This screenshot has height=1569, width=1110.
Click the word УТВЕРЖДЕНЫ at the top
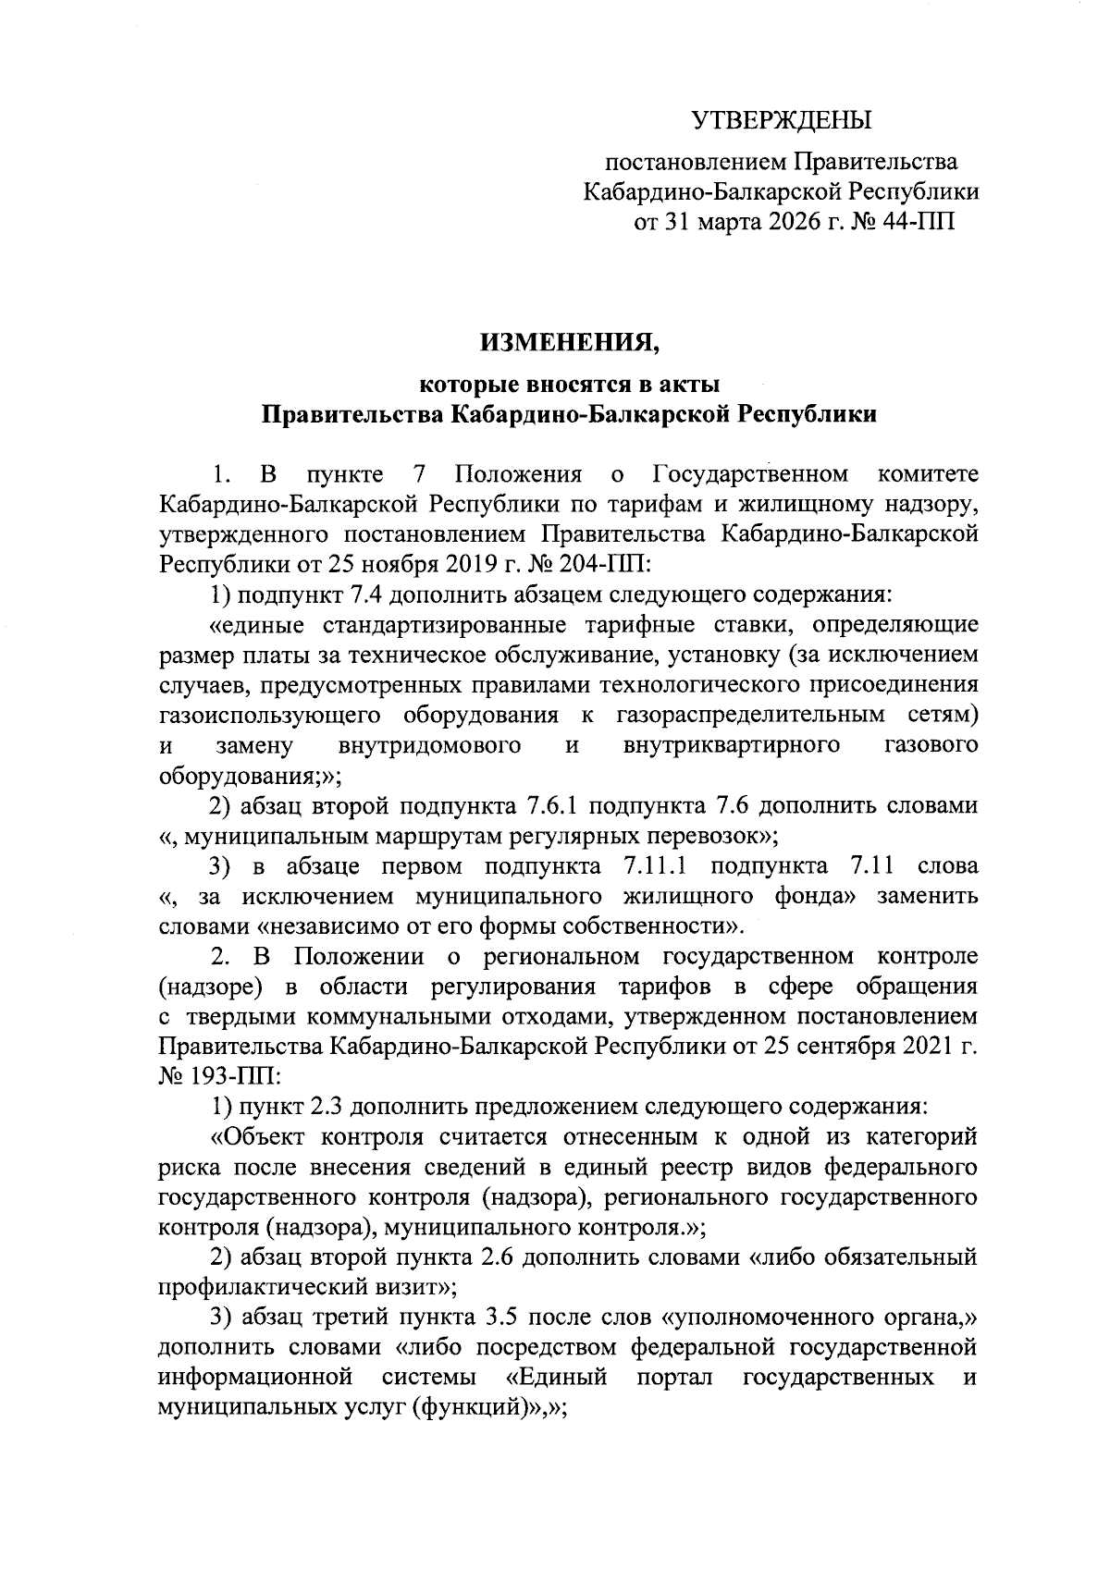pos(783,120)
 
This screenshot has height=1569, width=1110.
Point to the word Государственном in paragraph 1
pos(750,475)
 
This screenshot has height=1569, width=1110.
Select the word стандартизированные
pos(443,625)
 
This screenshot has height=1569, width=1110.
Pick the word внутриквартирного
pos(732,745)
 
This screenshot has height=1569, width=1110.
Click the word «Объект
pos(255,1137)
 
